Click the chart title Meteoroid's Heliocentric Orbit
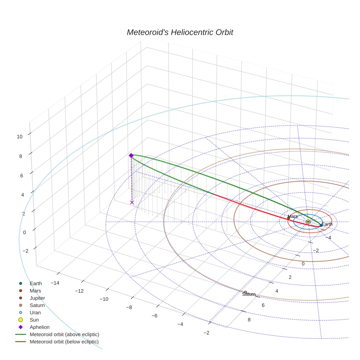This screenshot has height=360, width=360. [x=180, y=32]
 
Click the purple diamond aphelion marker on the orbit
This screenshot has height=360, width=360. [x=131, y=155]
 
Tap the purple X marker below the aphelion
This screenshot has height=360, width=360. [x=132, y=202]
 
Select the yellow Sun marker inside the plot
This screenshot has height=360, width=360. [x=308, y=222]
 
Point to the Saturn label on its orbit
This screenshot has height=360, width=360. [x=249, y=294]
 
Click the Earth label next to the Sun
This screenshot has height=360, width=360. [x=327, y=224]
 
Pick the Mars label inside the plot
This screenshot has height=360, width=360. [x=293, y=216]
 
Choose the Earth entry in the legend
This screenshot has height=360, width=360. [x=35, y=283]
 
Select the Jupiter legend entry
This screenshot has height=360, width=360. [x=37, y=298]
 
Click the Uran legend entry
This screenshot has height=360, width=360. [x=35, y=312]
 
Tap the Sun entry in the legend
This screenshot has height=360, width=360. [x=34, y=320]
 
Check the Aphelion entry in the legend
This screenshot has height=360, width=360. [x=40, y=327]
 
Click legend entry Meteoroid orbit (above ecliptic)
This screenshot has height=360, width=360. [x=64, y=334]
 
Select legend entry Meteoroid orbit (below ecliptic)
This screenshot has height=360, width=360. [x=64, y=342]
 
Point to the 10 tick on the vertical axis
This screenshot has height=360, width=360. [x=19, y=136]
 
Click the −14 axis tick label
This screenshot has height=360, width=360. [x=55, y=283]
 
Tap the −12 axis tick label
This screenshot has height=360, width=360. [x=79, y=291]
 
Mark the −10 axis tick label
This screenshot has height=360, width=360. [x=104, y=299]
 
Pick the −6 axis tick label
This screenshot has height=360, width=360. [x=154, y=316]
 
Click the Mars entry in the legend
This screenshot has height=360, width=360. [x=35, y=290]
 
